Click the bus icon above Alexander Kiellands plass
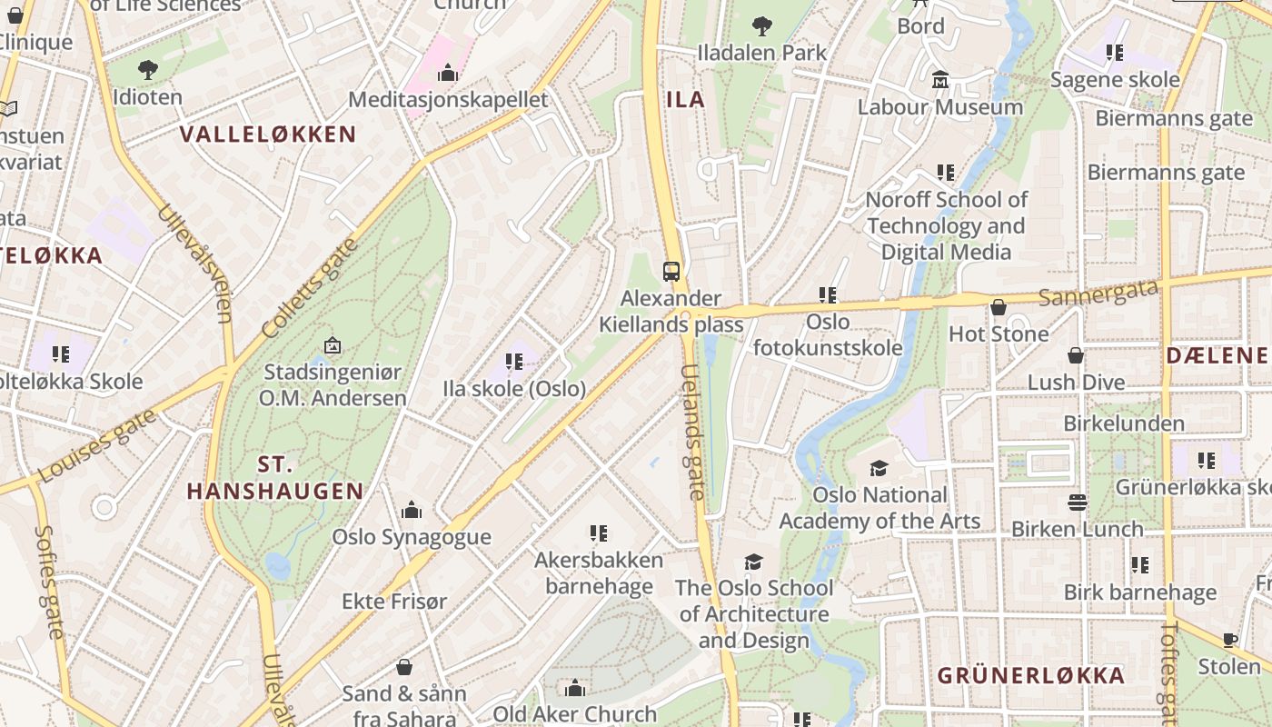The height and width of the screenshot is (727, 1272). click(671, 271)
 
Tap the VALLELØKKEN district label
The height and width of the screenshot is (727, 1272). click(268, 134)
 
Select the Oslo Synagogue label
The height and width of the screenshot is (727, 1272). click(411, 536)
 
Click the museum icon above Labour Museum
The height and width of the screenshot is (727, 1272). click(940, 80)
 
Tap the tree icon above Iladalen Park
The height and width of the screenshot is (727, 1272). click(761, 25)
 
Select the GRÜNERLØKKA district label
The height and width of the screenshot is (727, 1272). click(1030, 675)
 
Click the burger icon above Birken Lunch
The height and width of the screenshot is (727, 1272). click(1078, 503)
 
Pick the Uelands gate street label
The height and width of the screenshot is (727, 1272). click(692, 433)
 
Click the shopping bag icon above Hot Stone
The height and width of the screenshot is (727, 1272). click(999, 307)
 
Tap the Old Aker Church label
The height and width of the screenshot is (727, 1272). click(574, 713)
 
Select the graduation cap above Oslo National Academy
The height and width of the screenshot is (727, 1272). click(879, 468)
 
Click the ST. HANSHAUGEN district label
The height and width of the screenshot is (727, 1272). click(275, 478)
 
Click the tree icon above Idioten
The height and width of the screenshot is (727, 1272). click(147, 69)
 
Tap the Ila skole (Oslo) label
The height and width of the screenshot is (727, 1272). click(514, 388)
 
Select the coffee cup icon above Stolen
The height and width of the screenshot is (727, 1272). click(1230, 640)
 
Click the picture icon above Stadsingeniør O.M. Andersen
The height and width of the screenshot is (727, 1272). click(333, 345)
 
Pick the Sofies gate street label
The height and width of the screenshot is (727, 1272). click(50, 582)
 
